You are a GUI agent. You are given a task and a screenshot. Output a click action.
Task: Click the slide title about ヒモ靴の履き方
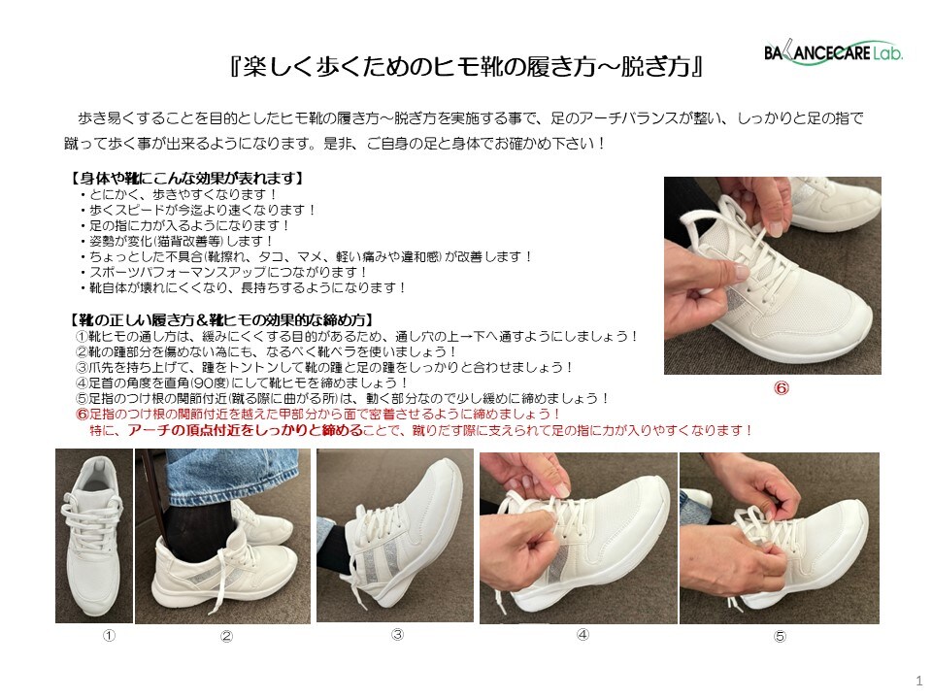[x=467, y=67]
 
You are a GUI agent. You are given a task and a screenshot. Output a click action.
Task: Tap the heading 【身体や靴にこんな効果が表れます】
[x=186, y=179]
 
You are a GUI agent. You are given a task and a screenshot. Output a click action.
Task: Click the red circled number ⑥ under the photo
[x=781, y=388]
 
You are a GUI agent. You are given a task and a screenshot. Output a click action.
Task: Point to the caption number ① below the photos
[x=109, y=635]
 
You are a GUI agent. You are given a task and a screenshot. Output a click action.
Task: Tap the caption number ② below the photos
[x=226, y=636]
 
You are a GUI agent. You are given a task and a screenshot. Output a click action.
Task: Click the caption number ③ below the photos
[x=398, y=634]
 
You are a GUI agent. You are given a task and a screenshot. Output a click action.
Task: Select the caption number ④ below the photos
[x=582, y=634]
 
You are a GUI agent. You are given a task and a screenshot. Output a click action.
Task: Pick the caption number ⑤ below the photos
[x=780, y=636]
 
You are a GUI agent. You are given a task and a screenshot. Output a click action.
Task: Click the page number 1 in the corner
[x=919, y=681]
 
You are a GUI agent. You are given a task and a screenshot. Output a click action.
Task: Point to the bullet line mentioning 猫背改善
[x=177, y=242]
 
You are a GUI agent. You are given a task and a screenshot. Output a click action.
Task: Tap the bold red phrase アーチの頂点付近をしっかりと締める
[x=245, y=430]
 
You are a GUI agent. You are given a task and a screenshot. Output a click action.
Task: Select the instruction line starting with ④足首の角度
[x=242, y=383]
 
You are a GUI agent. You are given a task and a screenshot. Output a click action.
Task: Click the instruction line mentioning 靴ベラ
[x=266, y=351]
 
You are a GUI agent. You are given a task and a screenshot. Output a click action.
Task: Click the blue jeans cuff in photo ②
[x=232, y=475]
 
